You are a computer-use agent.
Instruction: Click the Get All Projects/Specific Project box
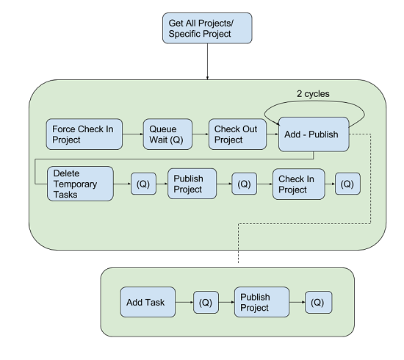tap(207, 28)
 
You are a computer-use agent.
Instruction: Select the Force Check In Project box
tap(84, 134)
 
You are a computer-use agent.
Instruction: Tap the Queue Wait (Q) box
tap(167, 134)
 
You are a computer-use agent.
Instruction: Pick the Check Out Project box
tap(237, 134)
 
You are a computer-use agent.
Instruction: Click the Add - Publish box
tap(314, 134)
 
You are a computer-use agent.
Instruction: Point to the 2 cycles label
tap(313, 93)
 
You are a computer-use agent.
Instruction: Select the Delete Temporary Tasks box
tap(80, 184)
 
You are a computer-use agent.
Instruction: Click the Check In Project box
tap(299, 184)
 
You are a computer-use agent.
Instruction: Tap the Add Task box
tap(148, 302)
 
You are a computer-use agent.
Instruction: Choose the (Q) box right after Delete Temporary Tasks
tap(143, 184)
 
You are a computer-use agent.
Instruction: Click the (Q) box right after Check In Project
tap(347, 184)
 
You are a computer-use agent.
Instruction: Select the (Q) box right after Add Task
tap(206, 302)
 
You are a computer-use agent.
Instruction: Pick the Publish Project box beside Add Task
tap(261, 302)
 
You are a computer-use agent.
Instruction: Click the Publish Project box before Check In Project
tap(192, 184)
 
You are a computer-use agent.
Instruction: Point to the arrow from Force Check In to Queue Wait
tap(133, 134)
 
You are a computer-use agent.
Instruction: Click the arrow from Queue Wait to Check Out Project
tap(201, 134)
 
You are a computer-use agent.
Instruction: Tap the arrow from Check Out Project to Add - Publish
tap(273, 134)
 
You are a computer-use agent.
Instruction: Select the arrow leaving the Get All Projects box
tap(207, 61)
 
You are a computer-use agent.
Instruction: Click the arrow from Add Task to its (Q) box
tap(184, 302)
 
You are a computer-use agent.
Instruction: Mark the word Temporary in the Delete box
tap(75, 184)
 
